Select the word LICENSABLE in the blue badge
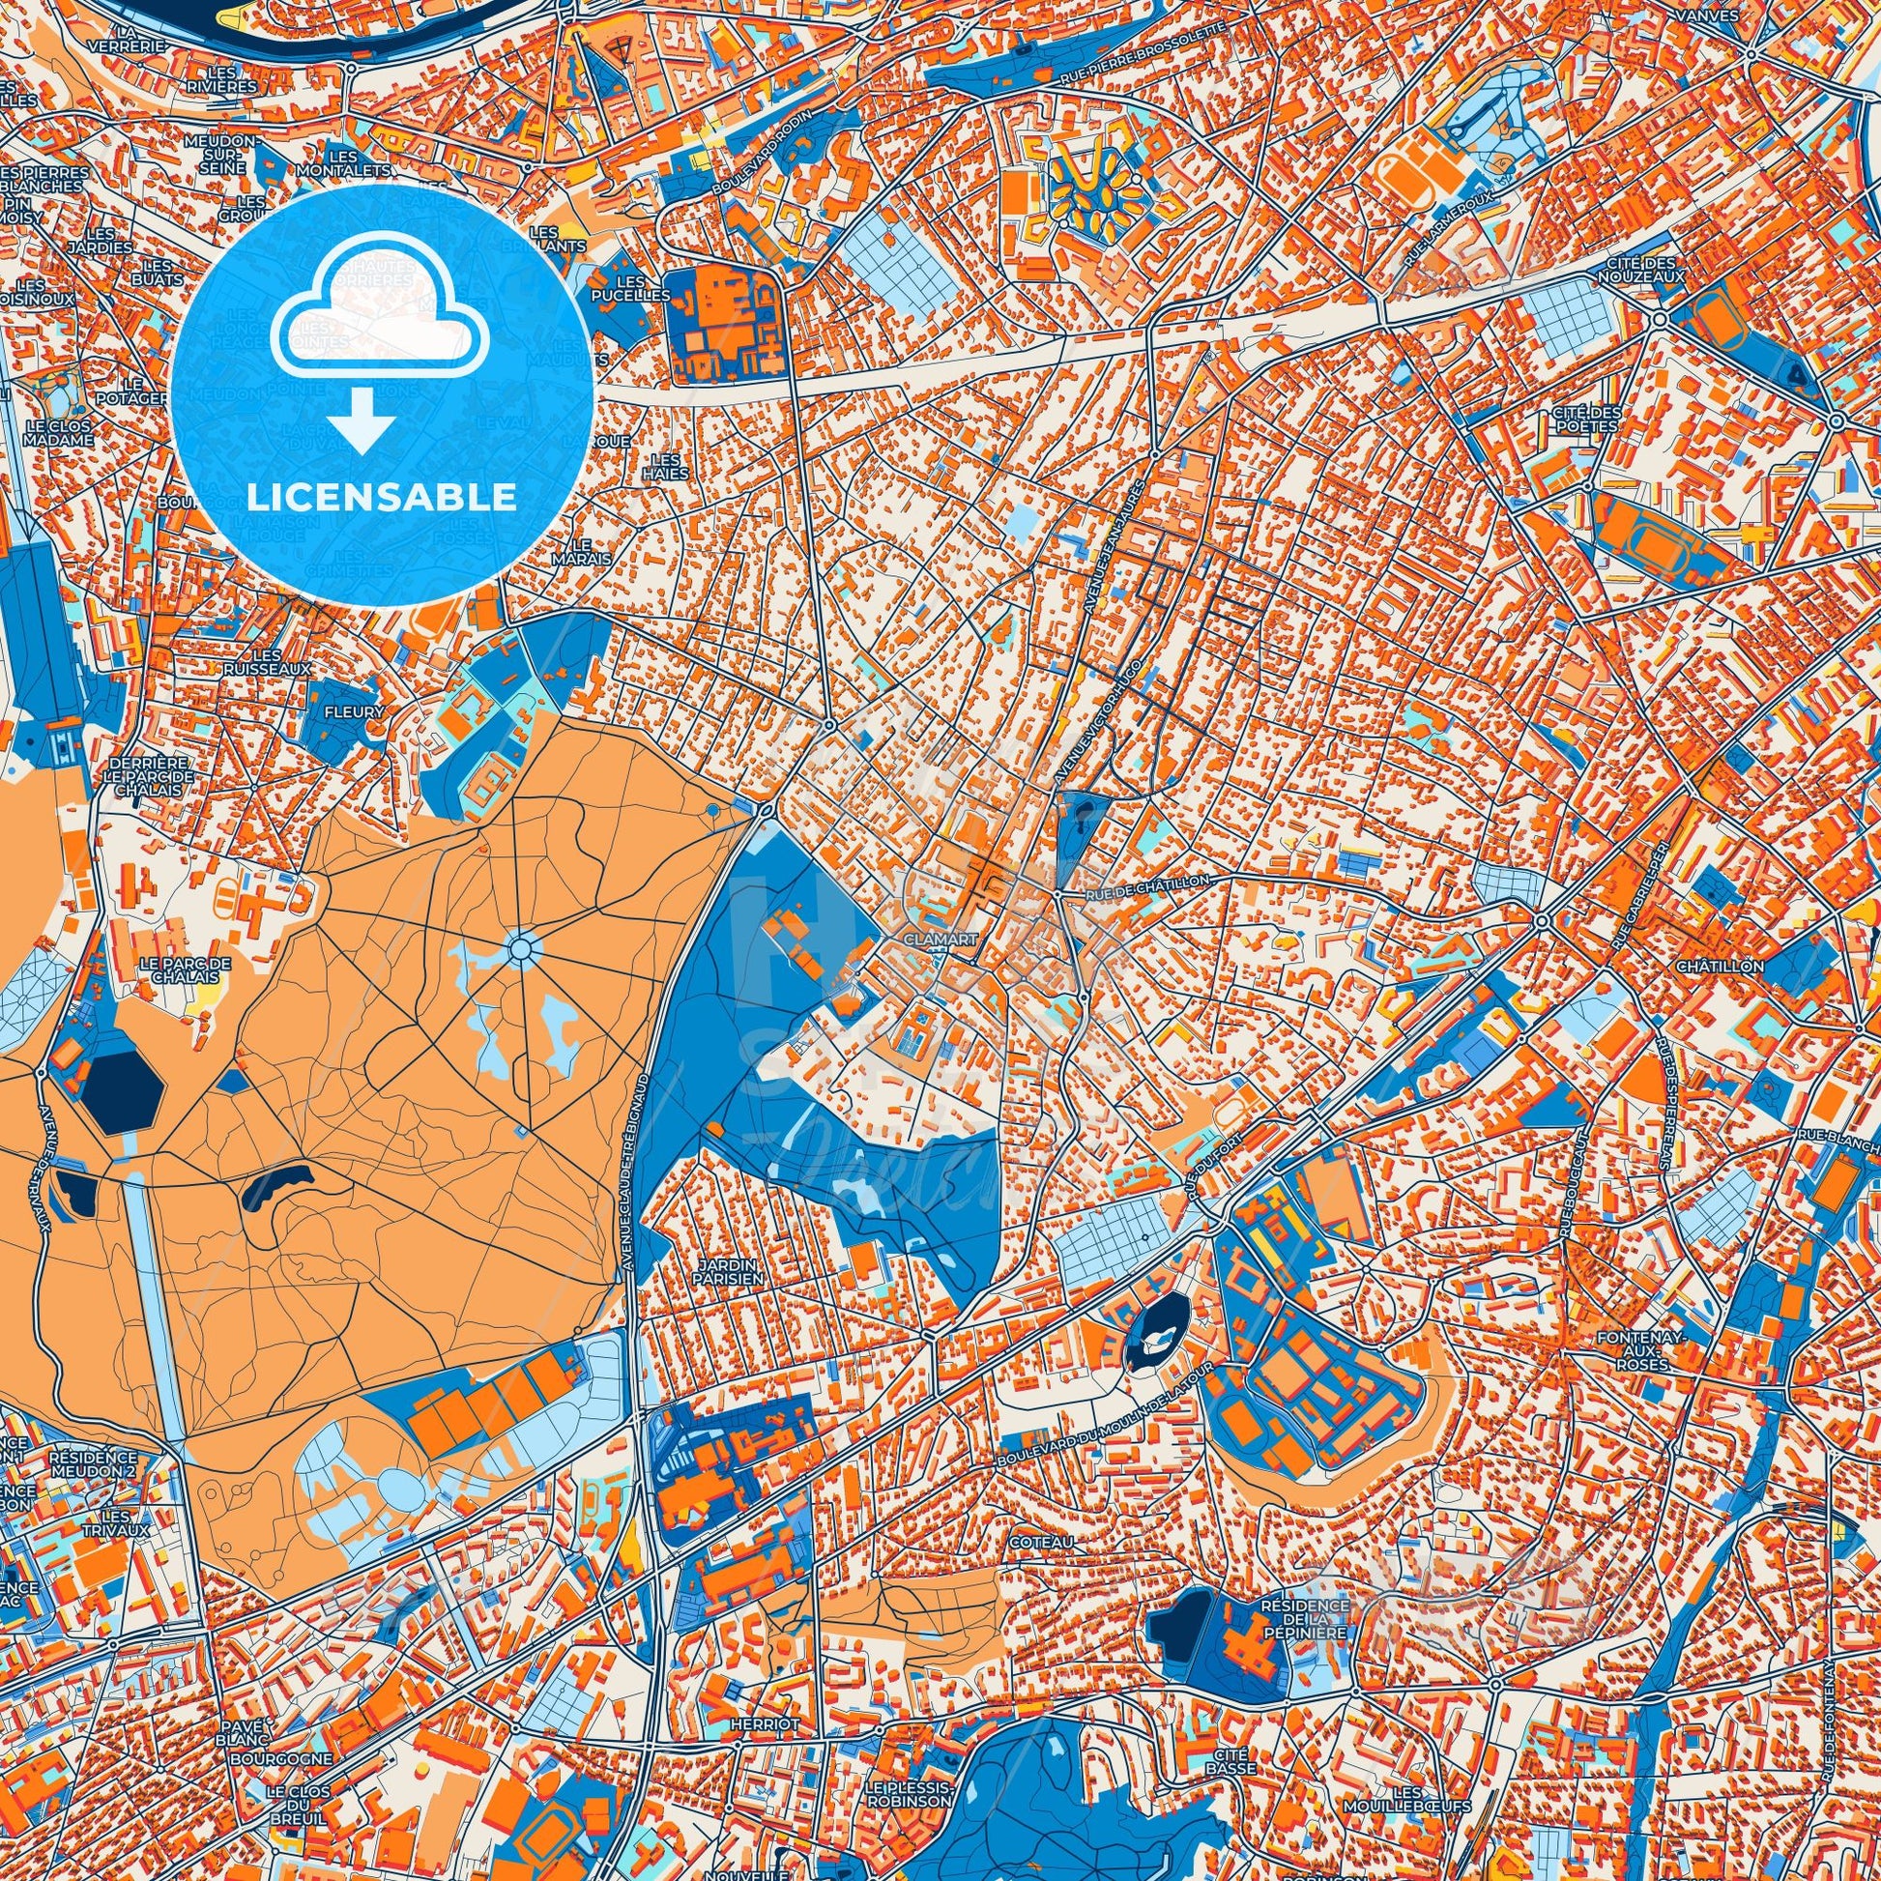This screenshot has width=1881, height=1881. pyautogui.click(x=382, y=498)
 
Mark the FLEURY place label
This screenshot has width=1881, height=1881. pyautogui.click(x=356, y=711)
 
